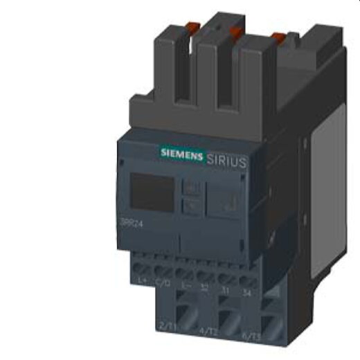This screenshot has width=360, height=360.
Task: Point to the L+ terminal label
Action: (x=143, y=280)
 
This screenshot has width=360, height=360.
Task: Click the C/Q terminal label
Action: (x=163, y=282)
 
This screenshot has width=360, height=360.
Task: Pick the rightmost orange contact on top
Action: (x=277, y=37)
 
